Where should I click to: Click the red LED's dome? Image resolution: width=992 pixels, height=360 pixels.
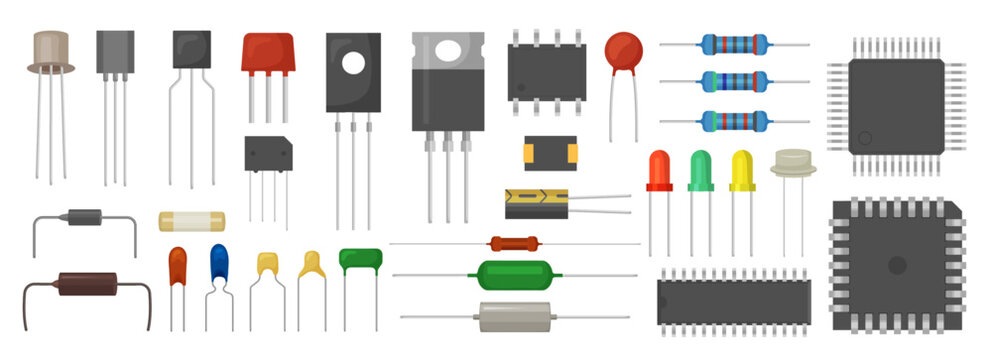(x=659, y=170)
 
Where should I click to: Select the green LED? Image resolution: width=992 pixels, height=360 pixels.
(x=700, y=170)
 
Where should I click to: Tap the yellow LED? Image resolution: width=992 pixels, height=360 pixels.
(x=741, y=170)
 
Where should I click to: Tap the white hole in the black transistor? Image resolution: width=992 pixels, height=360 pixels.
(x=353, y=62)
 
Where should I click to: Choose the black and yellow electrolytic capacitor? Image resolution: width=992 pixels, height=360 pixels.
(x=536, y=203)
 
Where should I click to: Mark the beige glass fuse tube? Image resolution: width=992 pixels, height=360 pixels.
(x=192, y=220)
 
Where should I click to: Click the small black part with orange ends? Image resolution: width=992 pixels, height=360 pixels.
(x=550, y=152)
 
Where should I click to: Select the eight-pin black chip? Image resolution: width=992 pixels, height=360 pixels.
(x=545, y=72)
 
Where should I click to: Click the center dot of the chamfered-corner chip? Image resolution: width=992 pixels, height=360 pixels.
(x=897, y=265)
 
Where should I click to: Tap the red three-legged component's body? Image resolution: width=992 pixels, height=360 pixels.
(x=268, y=52)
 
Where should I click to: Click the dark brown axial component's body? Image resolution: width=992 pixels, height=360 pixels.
(x=87, y=284)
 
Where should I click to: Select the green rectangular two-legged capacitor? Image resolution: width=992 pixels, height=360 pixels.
(x=360, y=260)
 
